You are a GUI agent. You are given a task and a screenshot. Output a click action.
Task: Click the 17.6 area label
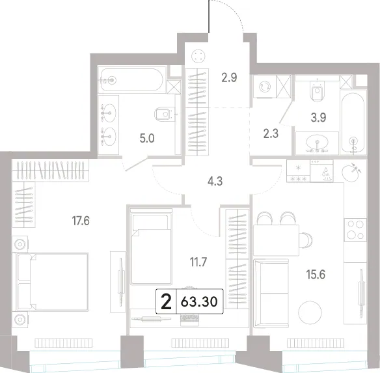click(x=81, y=221)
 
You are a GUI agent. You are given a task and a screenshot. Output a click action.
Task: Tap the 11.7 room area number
click(x=198, y=262)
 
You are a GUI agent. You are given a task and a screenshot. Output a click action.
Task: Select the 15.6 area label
click(x=316, y=275)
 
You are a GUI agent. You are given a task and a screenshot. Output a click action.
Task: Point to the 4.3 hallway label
click(x=215, y=181)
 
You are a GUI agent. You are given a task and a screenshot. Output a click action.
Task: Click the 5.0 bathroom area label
click(x=147, y=139)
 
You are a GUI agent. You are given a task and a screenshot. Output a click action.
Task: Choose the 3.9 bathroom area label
click(x=318, y=118)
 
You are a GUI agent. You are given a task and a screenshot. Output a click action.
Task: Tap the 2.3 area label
click(x=271, y=133)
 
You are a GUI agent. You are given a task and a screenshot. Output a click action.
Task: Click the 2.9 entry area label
click(x=229, y=78)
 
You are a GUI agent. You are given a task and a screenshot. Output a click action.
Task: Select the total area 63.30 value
click(x=199, y=302)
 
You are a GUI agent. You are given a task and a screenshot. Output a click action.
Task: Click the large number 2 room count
click(x=167, y=302)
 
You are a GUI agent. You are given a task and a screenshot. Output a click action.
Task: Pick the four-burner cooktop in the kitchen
click(x=355, y=230)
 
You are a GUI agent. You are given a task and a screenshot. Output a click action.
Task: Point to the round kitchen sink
click(x=351, y=172)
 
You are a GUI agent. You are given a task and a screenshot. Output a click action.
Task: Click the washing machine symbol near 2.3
click(x=265, y=87)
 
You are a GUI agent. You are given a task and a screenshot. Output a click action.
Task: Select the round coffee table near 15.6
click(x=310, y=312)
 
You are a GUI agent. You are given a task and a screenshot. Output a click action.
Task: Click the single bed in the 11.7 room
click(x=151, y=247)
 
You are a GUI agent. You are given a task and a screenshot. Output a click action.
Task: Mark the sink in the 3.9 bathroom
click(x=317, y=143)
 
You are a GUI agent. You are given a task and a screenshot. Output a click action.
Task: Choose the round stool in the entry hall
click(x=198, y=56)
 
